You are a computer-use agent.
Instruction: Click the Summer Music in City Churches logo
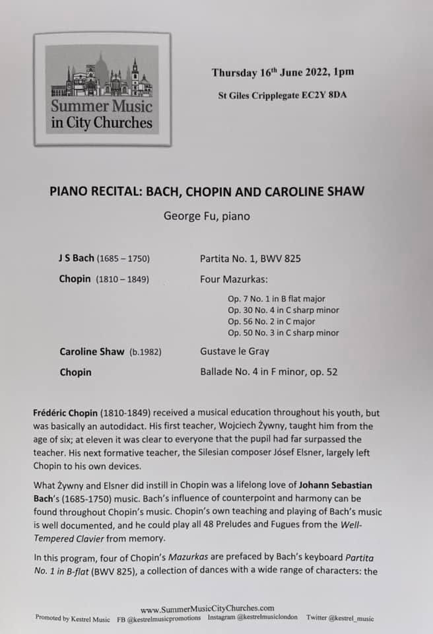[102, 89]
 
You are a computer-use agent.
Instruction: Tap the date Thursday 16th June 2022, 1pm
[283, 73]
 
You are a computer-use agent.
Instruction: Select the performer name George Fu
[206, 216]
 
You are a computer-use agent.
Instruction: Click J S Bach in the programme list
[76, 258]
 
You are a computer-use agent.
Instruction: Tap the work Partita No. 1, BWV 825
[250, 259]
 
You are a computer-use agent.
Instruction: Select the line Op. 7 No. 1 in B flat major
[277, 299]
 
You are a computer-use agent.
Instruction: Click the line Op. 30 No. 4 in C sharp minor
[283, 310]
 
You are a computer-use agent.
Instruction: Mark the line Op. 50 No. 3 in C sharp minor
[283, 333]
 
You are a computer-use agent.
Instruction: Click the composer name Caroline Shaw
[92, 352]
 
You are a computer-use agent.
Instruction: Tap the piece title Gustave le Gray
[234, 352]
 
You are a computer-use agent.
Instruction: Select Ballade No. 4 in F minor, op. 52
[269, 372]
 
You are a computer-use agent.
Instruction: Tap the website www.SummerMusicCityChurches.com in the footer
[207, 608]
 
